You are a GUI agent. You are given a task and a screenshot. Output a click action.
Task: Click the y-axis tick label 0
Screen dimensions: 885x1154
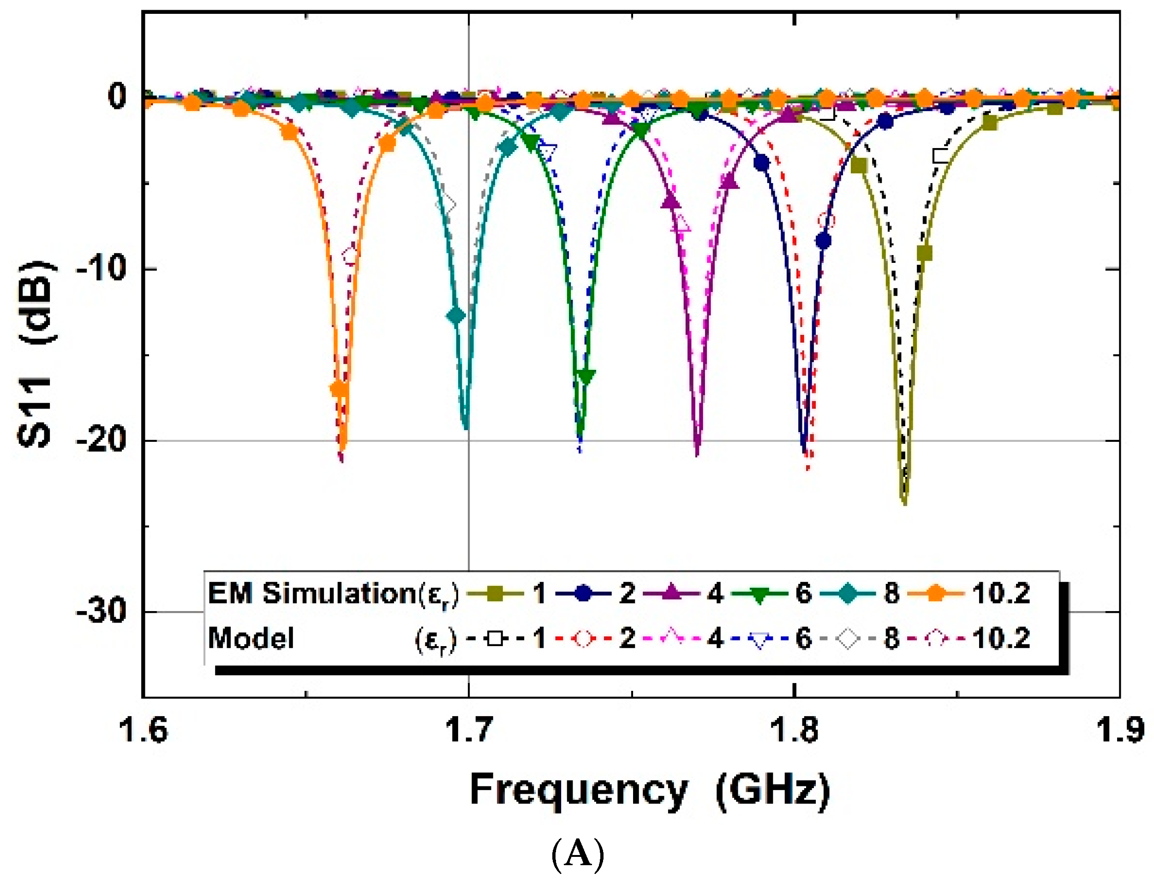tap(117, 97)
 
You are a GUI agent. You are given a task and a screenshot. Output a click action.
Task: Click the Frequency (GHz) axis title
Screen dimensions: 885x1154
tap(649, 790)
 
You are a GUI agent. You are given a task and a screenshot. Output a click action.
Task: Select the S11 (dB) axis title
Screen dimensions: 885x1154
tap(36, 354)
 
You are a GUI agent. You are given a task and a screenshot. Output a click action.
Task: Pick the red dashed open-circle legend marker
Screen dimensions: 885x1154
tap(583, 639)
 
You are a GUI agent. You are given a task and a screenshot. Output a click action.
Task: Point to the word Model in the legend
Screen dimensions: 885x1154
tap(251, 639)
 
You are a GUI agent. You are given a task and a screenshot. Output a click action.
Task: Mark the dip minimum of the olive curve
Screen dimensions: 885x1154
tap(904, 503)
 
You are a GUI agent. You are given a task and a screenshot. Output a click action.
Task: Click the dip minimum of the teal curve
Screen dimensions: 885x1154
tap(465, 428)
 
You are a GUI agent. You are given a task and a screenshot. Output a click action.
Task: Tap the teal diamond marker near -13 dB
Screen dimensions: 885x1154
tap(456, 316)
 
